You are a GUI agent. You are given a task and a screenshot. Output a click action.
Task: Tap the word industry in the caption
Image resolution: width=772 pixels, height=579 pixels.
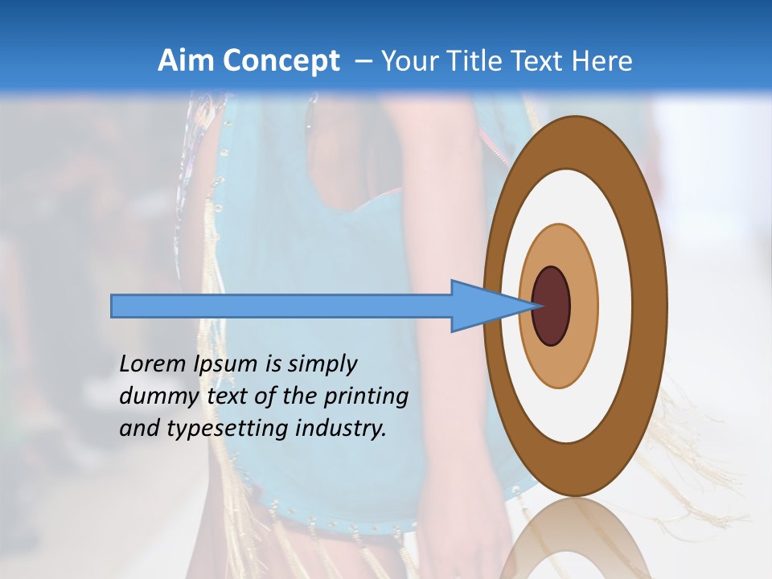[341, 429]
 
